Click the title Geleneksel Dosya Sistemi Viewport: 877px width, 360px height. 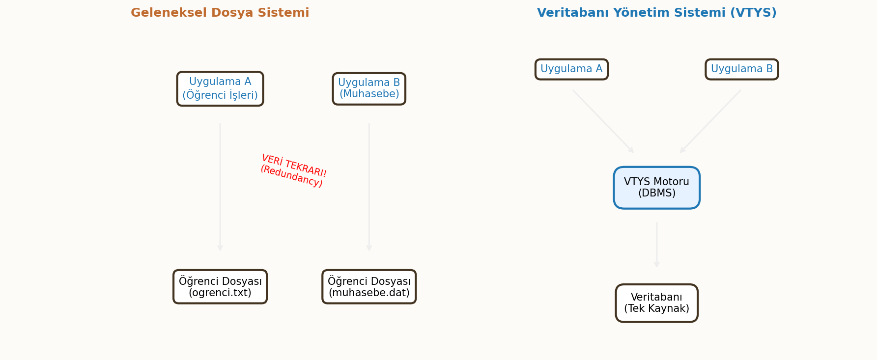(x=220, y=13)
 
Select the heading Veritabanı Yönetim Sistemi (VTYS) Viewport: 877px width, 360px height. (x=656, y=13)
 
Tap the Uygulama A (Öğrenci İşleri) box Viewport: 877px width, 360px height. (x=220, y=89)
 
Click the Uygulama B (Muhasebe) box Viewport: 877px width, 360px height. (x=369, y=89)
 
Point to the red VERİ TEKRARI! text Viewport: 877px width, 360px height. (x=294, y=166)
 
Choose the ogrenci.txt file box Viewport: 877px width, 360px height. (x=220, y=287)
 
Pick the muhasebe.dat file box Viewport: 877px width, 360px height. (x=369, y=287)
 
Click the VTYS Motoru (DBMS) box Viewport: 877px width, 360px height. (x=656, y=188)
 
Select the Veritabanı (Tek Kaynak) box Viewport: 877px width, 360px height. (x=656, y=303)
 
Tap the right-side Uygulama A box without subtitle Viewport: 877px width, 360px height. (x=571, y=69)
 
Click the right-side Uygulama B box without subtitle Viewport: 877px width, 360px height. (x=741, y=69)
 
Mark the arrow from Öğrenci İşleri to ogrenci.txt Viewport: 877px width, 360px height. (x=220, y=187)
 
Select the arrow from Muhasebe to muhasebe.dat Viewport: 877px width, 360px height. (x=369, y=187)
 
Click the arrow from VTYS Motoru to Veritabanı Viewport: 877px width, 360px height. (x=656, y=245)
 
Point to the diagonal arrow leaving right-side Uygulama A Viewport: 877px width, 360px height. (x=603, y=121)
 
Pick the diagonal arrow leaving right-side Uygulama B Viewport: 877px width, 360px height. (x=710, y=121)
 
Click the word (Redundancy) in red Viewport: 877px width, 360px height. (x=291, y=176)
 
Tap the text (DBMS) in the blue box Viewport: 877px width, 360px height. (x=656, y=194)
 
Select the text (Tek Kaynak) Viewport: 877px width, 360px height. (x=656, y=309)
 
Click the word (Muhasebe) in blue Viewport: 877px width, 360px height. (x=369, y=94)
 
